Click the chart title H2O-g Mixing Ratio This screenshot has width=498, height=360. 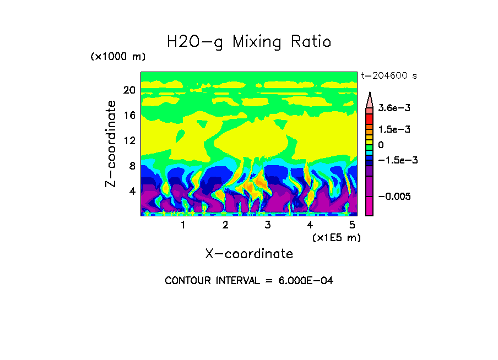249,42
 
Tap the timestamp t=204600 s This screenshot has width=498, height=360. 388,76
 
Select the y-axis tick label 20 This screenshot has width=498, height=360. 129,90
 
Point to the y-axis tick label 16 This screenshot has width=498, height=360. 129,116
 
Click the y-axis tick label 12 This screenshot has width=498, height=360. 129,141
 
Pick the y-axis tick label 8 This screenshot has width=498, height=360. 132,166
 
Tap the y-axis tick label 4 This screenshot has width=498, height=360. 132,192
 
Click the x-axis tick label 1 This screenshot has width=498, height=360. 183,225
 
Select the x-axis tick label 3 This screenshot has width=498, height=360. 268,225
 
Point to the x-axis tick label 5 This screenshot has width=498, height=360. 352,225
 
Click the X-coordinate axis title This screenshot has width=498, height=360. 249,254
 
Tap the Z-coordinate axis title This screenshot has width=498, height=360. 111,144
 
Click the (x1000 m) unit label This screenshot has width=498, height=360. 118,57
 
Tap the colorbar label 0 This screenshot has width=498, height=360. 381,145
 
